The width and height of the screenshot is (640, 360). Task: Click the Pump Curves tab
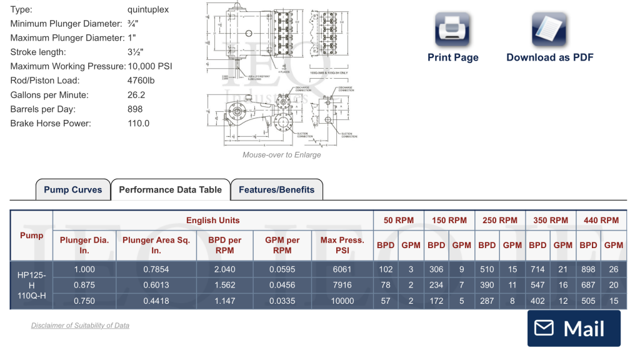72,190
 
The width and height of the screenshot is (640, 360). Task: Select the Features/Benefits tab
276,190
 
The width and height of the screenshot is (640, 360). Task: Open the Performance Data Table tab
170,190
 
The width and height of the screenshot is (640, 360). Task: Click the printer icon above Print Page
452,29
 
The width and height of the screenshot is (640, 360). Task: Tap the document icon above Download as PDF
549,29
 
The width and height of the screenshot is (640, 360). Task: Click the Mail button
574,328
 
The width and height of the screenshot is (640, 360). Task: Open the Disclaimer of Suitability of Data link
80,326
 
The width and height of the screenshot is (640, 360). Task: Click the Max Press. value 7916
342,285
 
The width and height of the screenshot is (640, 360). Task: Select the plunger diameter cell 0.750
84,301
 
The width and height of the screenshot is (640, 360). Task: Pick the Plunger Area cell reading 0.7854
156,269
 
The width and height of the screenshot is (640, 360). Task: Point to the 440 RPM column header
601,220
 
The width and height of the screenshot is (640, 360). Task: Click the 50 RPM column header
399,220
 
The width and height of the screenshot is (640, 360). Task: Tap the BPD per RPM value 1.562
224,285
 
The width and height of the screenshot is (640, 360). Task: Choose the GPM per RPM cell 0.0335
282,301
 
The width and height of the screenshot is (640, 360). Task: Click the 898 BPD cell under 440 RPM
588,269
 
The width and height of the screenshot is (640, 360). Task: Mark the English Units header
212,220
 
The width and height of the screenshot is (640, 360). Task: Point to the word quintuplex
148,10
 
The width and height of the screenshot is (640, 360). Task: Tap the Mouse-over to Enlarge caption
281,155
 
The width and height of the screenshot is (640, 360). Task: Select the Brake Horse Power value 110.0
138,123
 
